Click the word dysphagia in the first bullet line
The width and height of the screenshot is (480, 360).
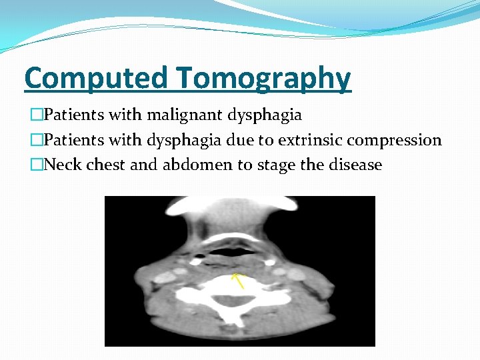(265, 115)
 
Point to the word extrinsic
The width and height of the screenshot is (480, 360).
(316, 140)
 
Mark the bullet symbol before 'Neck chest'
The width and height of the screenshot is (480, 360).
(36, 165)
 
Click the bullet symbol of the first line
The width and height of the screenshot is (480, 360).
(36, 115)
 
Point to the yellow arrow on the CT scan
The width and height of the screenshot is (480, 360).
(237, 279)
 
